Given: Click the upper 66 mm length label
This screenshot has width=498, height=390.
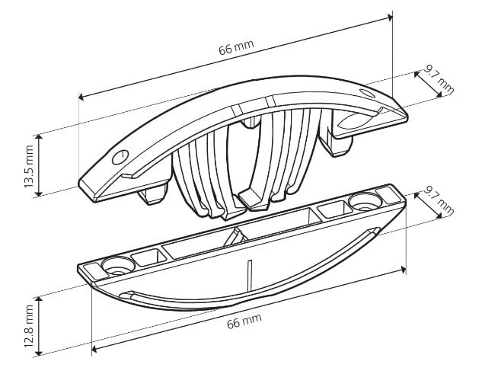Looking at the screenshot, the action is pos(236,48).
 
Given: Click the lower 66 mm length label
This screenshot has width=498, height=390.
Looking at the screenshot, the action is pos(244,321).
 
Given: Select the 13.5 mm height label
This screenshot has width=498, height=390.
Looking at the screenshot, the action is pos(29,166).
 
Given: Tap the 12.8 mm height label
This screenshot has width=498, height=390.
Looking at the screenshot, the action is pos(29,325).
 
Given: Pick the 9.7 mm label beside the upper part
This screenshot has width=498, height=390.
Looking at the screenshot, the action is pos(439,81).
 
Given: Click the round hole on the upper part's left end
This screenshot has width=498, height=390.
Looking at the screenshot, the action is pos(120,157).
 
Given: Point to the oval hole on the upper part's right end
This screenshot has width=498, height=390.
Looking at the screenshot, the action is pos(367,93).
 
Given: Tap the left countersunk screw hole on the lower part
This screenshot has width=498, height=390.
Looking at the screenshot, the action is pos(118,266).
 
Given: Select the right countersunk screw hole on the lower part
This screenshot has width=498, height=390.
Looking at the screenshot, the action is pos(365,201).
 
